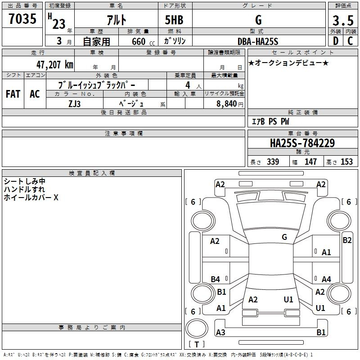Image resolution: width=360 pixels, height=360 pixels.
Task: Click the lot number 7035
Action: (x=22, y=19)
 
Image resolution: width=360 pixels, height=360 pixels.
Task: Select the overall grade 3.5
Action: (x=343, y=21)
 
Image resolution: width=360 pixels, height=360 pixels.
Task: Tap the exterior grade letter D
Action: (x=336, y=41)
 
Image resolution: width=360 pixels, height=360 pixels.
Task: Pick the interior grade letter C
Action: (x=350, y=41)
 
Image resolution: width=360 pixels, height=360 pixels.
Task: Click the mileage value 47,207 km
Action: (x=54, y=65)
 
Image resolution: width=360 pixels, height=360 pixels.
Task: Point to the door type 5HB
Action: (x=174, y=20)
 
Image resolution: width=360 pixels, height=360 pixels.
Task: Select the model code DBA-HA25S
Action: (x=258, y=41)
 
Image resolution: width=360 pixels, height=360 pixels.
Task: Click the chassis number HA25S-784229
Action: (x=302, y=143)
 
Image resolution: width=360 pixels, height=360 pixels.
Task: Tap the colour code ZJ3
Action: (x=74, y=104)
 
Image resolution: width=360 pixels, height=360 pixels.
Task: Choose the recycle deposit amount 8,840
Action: (x=227, y=104)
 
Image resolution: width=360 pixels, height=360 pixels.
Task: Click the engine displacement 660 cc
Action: (x=143, y=42)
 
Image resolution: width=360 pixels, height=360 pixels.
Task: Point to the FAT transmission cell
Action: (x=13, y=94)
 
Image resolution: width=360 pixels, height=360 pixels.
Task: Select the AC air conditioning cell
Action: (x=35, y=94)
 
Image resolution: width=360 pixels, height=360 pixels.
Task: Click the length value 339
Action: (x=273, y=162)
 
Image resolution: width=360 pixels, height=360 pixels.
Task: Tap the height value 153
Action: (x=346, y=162)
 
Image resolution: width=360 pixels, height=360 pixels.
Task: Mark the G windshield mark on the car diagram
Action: (x=284, y=237)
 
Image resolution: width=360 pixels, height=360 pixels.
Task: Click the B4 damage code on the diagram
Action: (x=216, y=279)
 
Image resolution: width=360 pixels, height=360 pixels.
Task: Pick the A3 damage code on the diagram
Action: (x=220, y=332)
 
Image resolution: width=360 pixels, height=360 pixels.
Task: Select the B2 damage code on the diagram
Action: (x=347, y=240)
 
